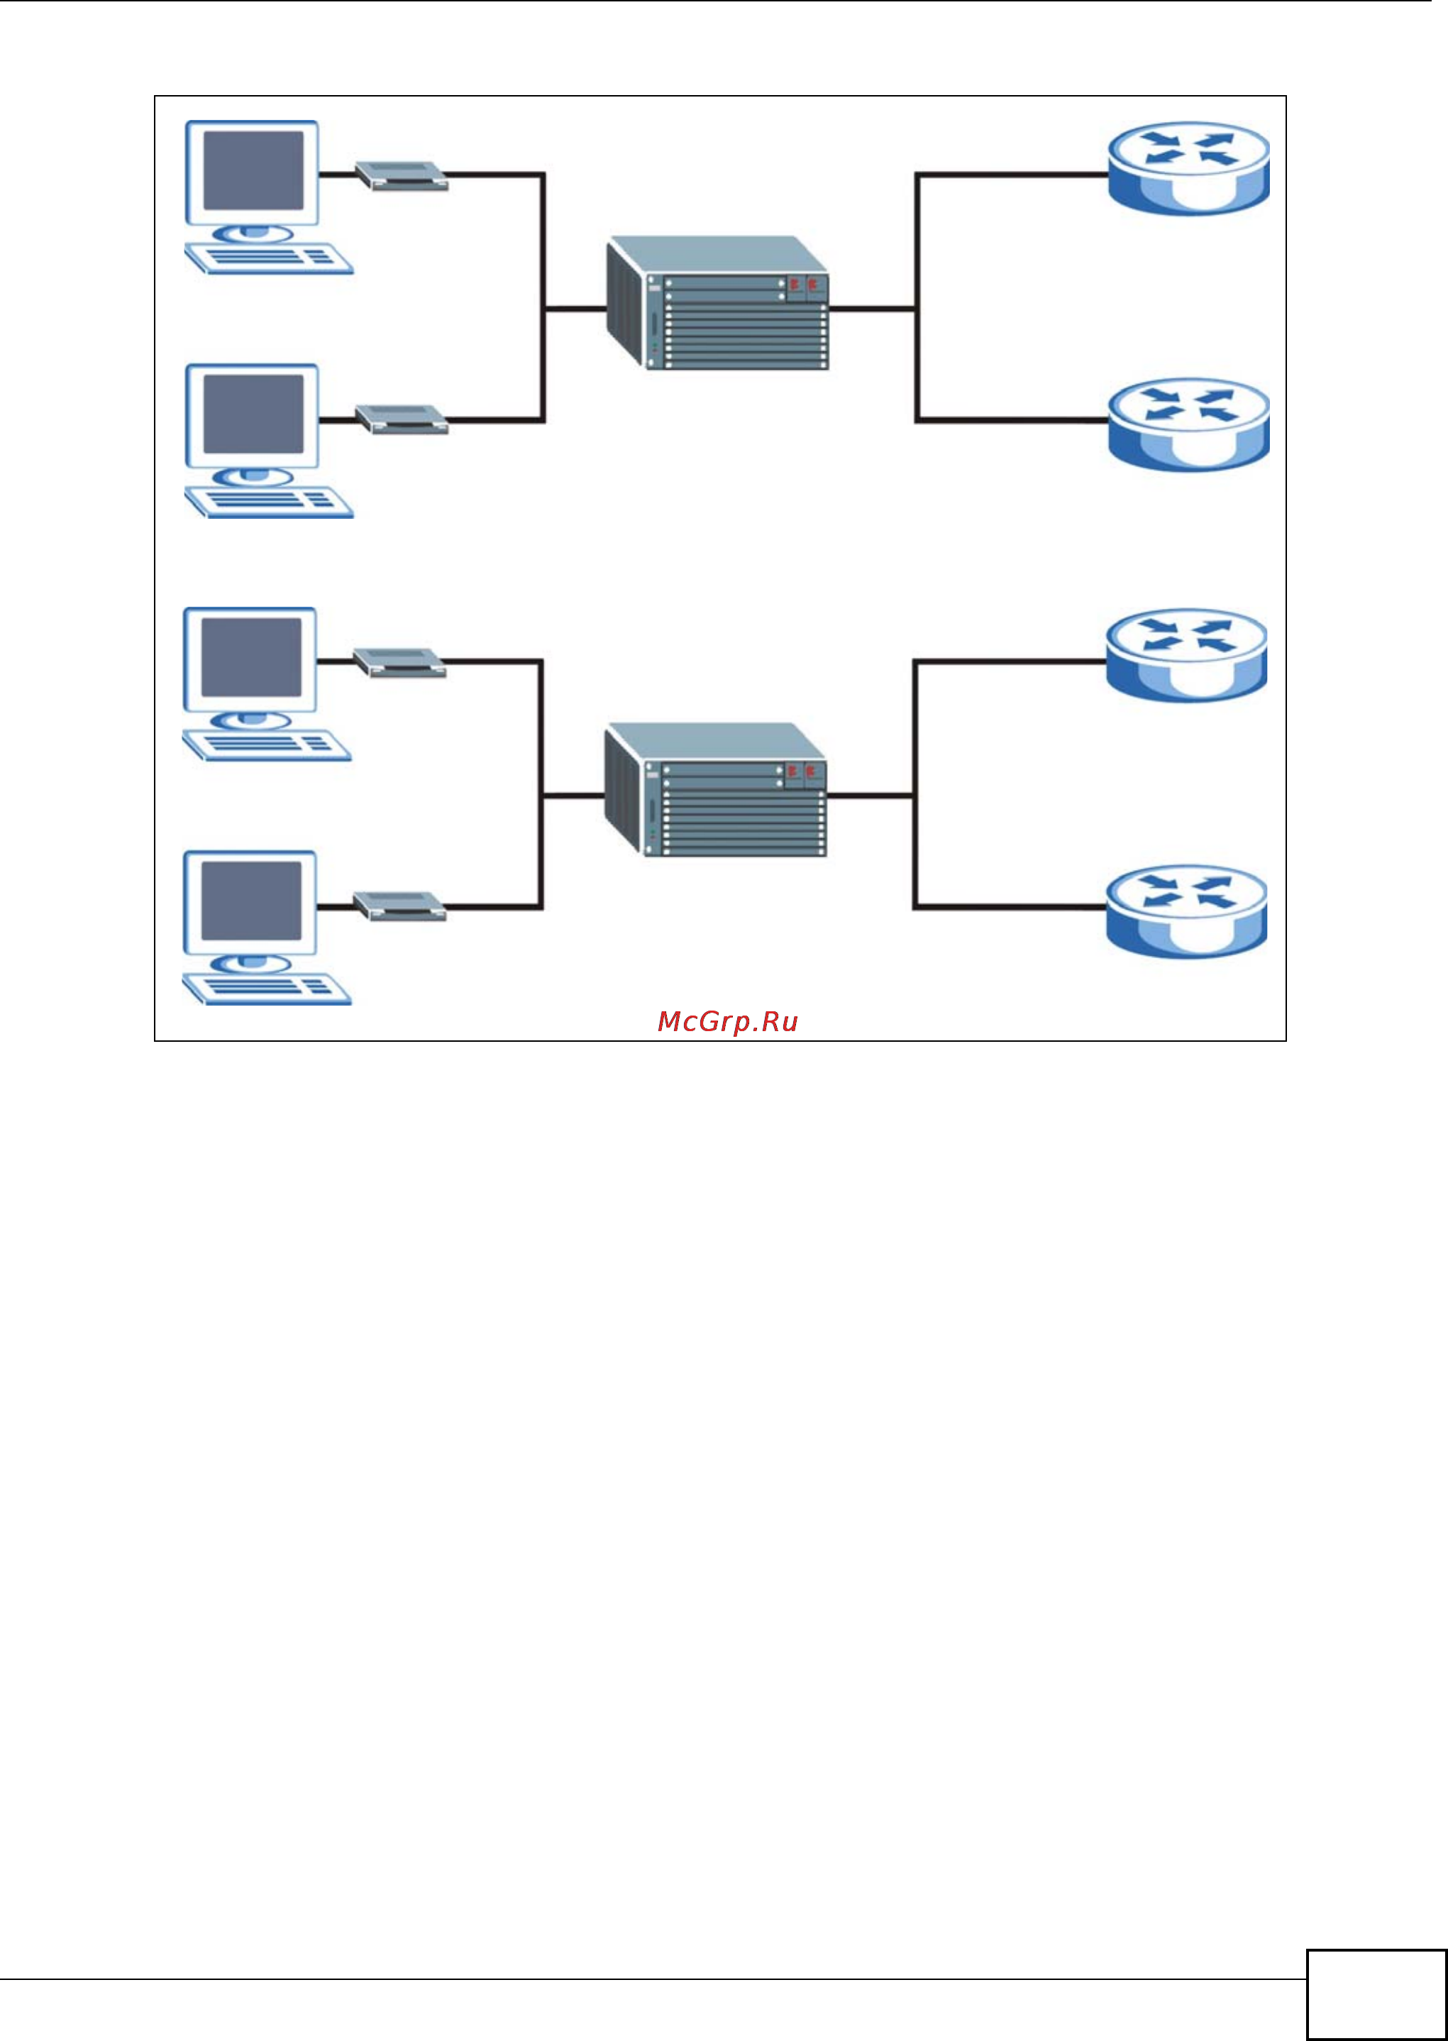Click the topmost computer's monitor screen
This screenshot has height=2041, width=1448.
[x=253, y=170]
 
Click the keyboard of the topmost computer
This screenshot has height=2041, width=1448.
[x=268, y=258]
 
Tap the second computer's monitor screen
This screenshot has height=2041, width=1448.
[x=253, y=414]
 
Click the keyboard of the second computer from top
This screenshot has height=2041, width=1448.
[x=268, y=501]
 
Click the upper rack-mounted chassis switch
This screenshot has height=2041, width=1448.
[x=718, y=303]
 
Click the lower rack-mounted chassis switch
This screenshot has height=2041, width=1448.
[x=716, y=790]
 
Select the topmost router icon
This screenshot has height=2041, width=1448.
[x=1188, y=167]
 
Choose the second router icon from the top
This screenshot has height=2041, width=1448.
[x=1188, y=424]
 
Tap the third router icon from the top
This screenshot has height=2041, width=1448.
[x=1186, y=655]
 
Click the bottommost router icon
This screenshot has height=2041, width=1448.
[x=1186, y=911]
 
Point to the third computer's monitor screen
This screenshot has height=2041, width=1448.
[x=250, y=657]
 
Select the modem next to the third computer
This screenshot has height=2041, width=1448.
[x=399, y=661]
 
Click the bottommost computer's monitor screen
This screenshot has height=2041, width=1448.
[x=250, y=901]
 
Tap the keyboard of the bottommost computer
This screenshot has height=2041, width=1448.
[x=267, y=988]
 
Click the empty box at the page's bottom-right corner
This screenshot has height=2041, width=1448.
[x=1376, y=1995]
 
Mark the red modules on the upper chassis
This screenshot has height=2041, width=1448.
[x=802, y=284]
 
